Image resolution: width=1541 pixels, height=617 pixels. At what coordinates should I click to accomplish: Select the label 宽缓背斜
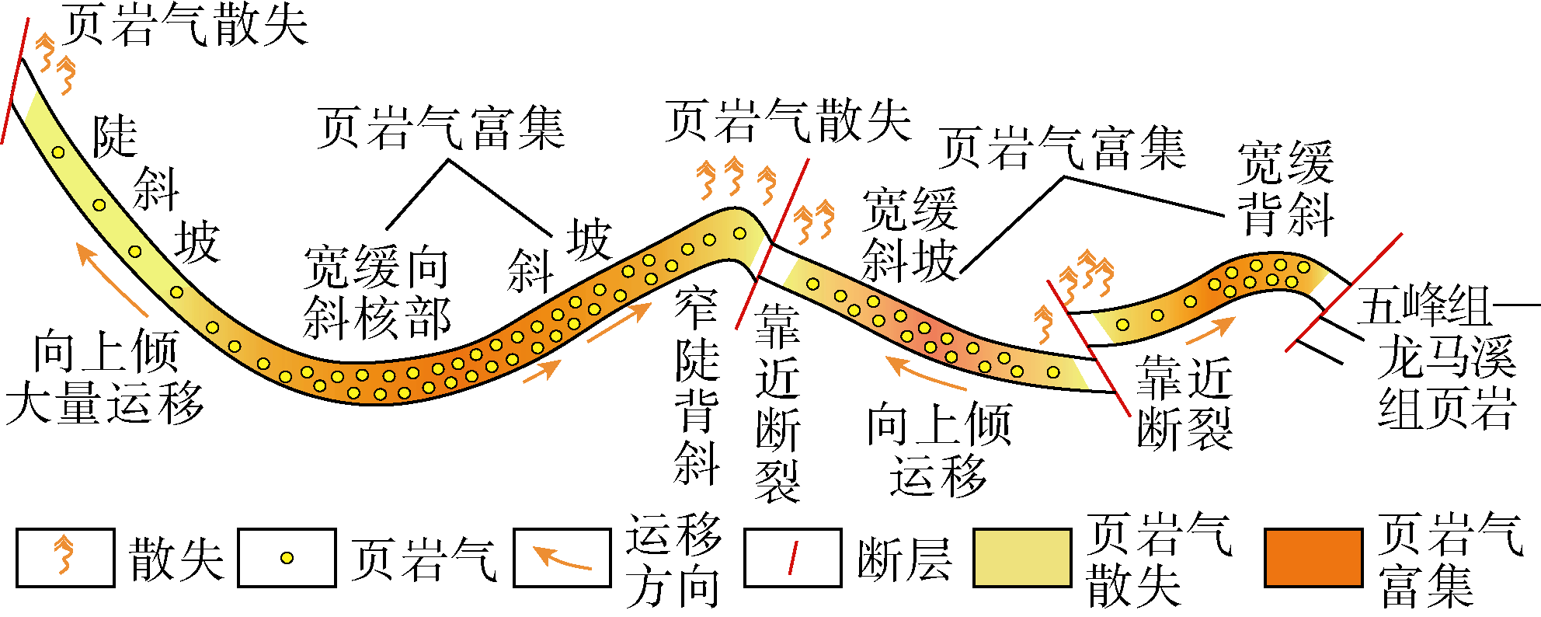[x=1285, y=188]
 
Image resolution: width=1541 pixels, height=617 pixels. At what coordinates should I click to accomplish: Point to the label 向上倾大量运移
[x=105, y=377]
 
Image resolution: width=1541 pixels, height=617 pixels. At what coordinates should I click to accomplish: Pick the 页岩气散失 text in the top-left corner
[x=185, y=24]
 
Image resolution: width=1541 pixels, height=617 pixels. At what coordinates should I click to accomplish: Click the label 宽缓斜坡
[x=910, y=234]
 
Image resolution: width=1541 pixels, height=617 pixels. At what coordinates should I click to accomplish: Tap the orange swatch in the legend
[x=1313, y=557]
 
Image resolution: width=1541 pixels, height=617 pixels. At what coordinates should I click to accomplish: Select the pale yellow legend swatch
[x=1022, y=557]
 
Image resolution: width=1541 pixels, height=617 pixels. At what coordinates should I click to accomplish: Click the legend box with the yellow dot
[x=287, y=557]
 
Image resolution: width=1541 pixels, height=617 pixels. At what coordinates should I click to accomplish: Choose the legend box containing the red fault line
[x=793, y=557]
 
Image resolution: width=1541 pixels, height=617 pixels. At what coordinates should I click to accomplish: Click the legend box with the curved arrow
[x=562, y=557]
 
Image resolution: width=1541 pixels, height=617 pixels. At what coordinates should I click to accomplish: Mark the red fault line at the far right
[x=1344, y=291]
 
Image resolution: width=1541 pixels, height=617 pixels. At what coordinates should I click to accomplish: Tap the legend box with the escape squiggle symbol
[x=65, y=557]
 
